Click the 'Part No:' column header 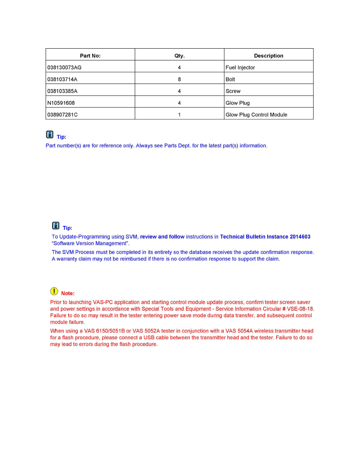click(90, 56)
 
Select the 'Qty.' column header click(179, 56)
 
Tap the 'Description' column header click(268, 56)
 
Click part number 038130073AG click(64, 67)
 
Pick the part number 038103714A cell click(62, 79)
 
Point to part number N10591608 click(61, 103)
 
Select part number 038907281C click(63, 115)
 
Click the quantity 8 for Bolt click(179, 79)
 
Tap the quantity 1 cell click(179, 115)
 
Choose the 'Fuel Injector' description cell click(240, 67)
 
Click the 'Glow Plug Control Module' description click(256, 115)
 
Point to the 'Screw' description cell click(233, 91)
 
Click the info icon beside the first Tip click(50, 135)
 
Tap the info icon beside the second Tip click(56, 226)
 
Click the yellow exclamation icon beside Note click(54, 291)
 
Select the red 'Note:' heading click(68, 293)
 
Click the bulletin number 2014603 click(300, 237)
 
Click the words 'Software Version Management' click(90, 243)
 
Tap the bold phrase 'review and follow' click(162, 237)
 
